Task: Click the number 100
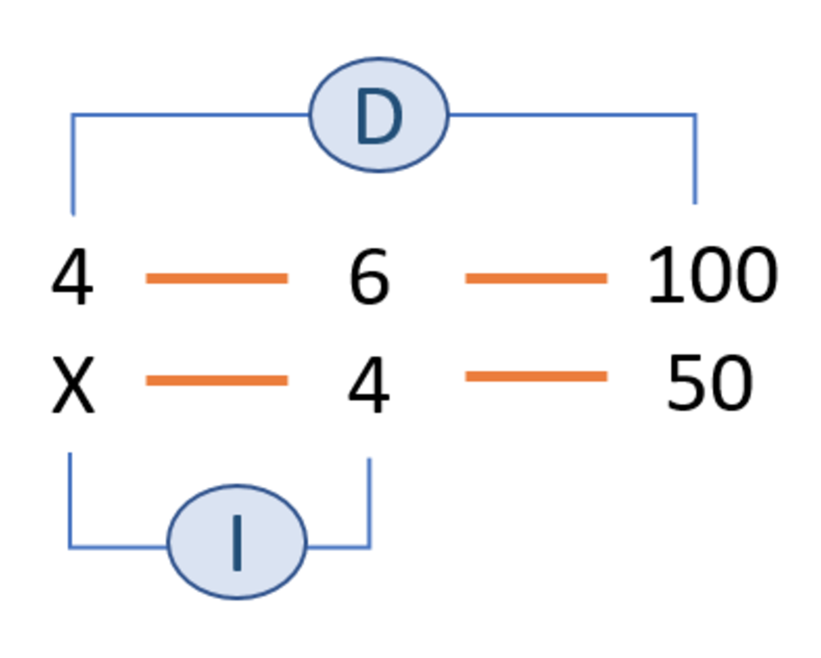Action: point(712,276)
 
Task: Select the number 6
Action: point(369,278)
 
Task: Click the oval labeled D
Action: point(379,115)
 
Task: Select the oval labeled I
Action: point(236,542)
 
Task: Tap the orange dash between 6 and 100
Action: point(535,278)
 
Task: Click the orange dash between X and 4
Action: point(217,380)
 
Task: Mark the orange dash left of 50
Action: point(535,376)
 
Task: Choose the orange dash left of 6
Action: point(217,278)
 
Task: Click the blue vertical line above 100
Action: point(695,161)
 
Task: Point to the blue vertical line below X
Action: point(69,499)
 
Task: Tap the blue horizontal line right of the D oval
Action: point(573,114)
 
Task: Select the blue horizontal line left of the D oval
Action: point(191,114)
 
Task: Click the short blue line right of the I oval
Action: point(338,547)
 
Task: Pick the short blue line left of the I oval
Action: point(118,547)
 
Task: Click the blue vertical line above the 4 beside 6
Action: point(73,165)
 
